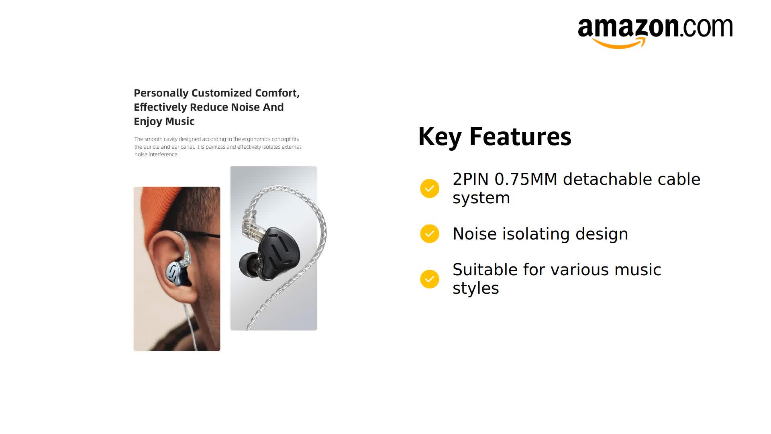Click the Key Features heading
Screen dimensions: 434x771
coord(494,137)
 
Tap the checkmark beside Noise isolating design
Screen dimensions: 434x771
coord(429,233)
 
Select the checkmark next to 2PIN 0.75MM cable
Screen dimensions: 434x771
coord(429,188)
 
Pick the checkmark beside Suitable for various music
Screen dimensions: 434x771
coord(429,279)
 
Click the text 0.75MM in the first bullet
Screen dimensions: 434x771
coord(526,179)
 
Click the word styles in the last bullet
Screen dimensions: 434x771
coord(475,289)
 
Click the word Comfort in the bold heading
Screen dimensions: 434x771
coord(277,93)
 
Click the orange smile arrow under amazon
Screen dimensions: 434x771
coord(619,43)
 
